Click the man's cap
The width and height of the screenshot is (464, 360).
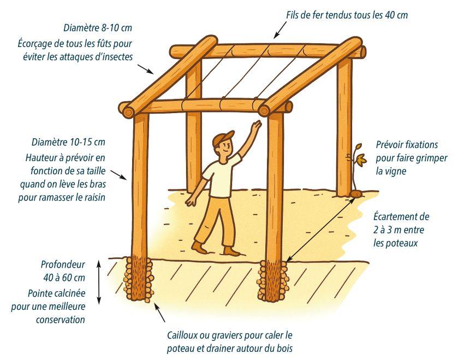coord(223,138)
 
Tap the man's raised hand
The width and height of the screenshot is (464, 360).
coord(255,126)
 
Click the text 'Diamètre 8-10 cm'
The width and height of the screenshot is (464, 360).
coord(98,28)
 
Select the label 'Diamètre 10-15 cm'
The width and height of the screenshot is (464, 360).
coord(68,142)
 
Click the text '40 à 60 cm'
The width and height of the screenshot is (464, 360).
coord(64,278)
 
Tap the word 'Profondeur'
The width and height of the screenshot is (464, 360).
coord(63,264)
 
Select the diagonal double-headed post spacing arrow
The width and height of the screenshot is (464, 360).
coord(321,230)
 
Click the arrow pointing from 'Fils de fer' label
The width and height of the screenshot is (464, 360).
coord(280,30)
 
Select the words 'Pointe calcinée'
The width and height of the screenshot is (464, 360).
coord(57,293)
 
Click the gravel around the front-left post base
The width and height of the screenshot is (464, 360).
coord(138,279)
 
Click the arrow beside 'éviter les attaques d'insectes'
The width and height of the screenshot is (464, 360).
coord(146,69)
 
